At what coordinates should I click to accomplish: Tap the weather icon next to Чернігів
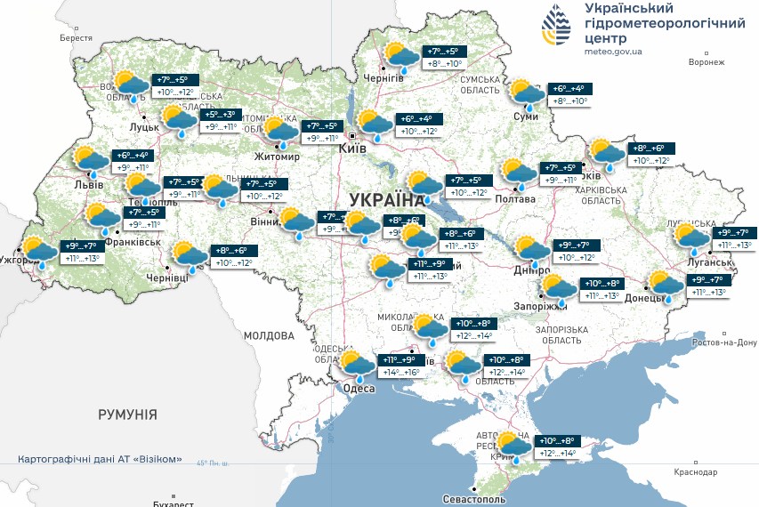point(401,56)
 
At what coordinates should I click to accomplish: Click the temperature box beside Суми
point(567,95)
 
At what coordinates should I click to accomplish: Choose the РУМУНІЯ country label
point(127,414)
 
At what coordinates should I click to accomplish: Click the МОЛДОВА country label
point(269,336)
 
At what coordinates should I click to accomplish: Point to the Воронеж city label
point(707,62)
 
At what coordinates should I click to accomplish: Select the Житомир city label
point(277,157)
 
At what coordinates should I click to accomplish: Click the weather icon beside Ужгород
point(39,251)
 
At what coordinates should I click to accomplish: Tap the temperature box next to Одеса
point(401,366)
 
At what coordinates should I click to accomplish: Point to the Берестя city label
point(76,38)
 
